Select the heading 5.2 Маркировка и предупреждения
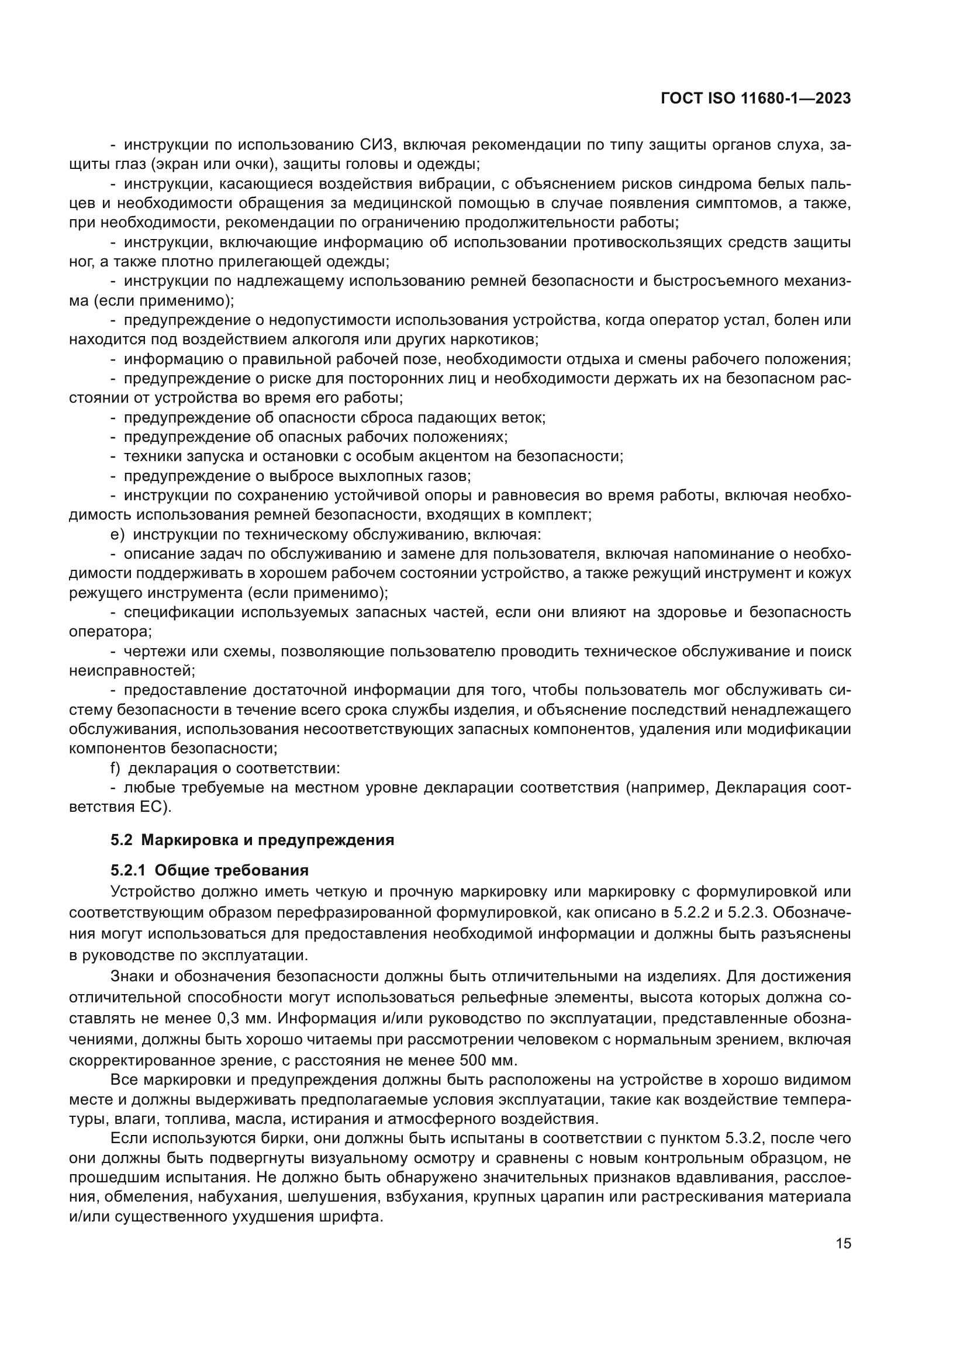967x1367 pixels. (x=253, y=840)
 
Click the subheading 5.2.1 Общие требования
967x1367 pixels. (x=210, y=870)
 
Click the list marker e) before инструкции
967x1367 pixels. (x=117, y=535)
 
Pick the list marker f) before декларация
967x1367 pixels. (x=116, y=769)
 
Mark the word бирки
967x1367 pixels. (x=278, y=1138)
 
